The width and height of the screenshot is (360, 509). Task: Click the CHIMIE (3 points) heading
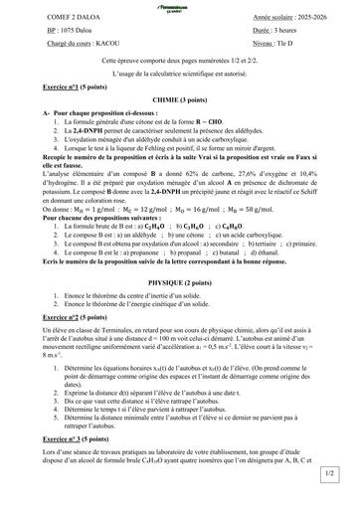click(x=179, y=100)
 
